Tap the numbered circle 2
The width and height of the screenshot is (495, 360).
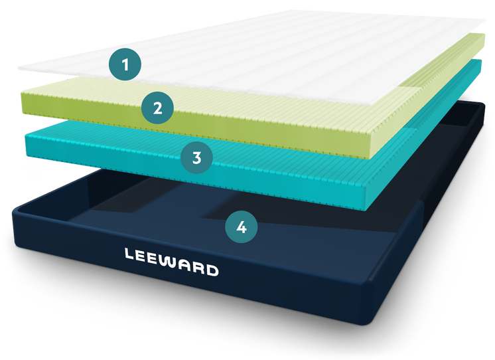[157, 108]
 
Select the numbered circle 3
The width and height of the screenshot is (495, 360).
[196, 157]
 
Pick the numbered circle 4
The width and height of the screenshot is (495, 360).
[242, 227]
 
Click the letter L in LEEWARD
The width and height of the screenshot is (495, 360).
[130, 253]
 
